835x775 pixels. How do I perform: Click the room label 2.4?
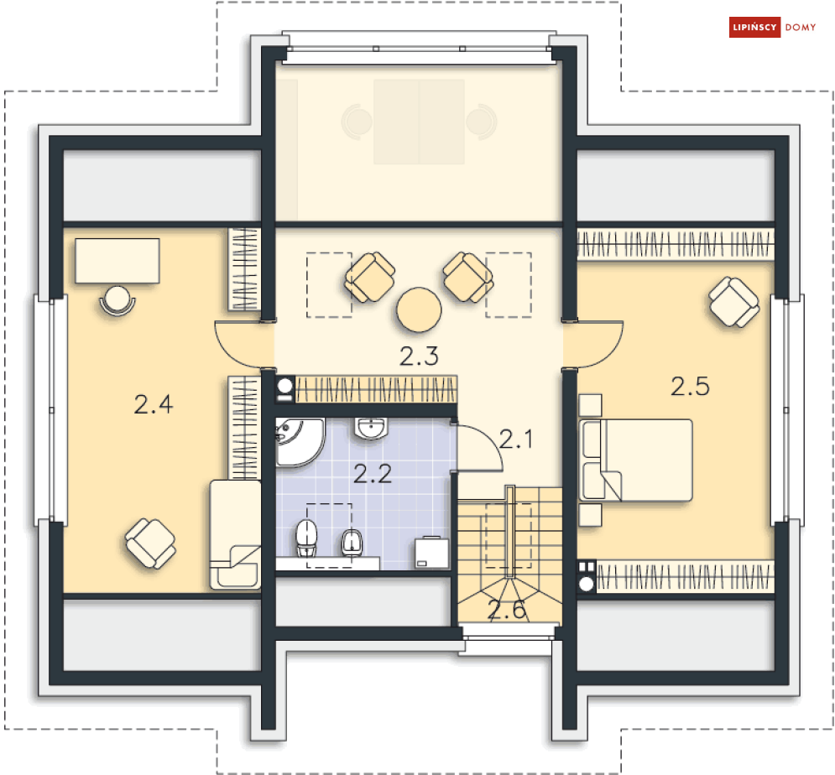tap(153, 405)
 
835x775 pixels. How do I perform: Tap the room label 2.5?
tap(690, 387)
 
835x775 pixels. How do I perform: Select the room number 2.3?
tap(419, 356)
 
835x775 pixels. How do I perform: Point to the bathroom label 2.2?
tap(373, 475)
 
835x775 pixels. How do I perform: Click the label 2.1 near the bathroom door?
tap(516, 439)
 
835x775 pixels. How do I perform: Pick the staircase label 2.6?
tap(508, 610)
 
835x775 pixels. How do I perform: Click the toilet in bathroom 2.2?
tap(307, 538)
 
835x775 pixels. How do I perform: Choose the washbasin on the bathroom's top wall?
tap(371, 429)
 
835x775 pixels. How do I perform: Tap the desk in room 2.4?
tap(117, 260)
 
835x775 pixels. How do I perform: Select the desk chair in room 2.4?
tap(117, 299)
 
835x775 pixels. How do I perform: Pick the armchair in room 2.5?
tap(734, 302)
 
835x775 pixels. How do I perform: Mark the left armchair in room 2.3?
tap(369, 278)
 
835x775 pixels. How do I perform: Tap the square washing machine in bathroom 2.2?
tap(432, 552)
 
